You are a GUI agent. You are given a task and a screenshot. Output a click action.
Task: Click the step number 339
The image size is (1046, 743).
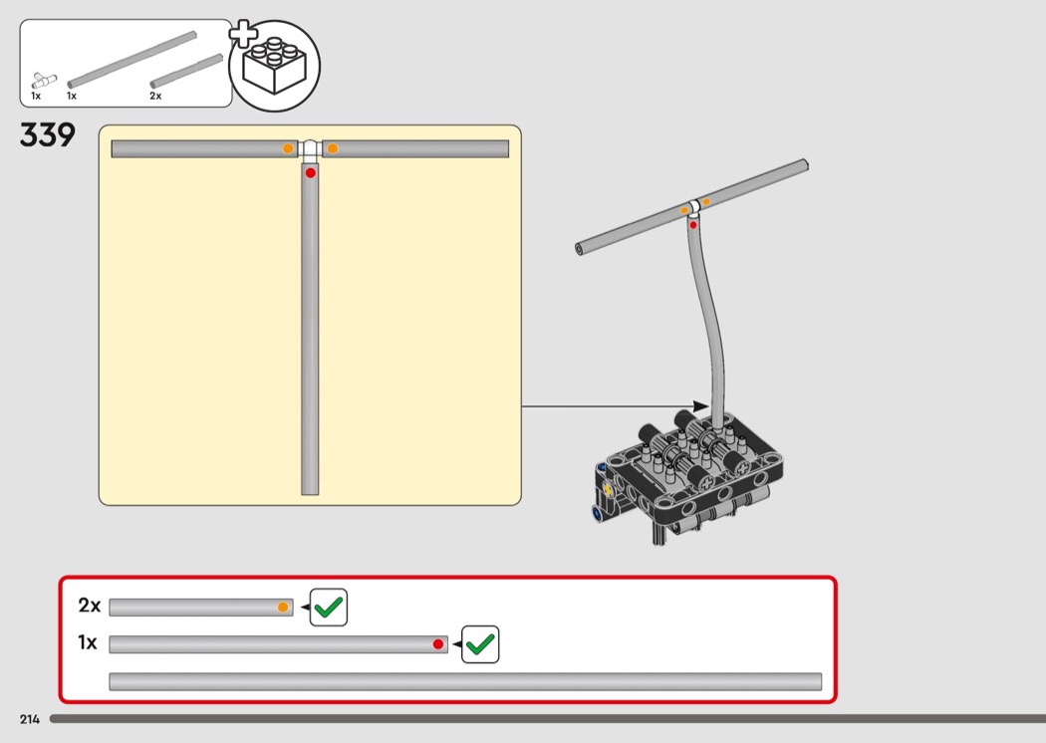pos(48,135)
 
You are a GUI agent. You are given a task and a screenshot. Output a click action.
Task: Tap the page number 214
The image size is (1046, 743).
pos(30,719)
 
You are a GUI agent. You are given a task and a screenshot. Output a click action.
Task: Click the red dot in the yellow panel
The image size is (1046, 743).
pos(310,172)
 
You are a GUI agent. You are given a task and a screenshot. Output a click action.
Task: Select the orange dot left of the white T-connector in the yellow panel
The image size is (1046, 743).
pos(288,148)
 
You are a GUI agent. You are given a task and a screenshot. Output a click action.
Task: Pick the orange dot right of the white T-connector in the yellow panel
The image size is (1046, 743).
pos(332,148)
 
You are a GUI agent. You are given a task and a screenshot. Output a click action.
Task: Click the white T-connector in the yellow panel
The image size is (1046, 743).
pos(310,150)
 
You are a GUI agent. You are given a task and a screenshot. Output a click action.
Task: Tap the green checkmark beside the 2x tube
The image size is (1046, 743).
pos(329,607)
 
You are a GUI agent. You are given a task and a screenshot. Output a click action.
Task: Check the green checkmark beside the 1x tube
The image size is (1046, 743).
pos(480,644)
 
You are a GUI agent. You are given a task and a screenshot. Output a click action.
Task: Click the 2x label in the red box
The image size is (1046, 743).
pos(90,605)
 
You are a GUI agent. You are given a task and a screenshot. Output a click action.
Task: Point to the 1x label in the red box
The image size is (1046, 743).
pos(88,642)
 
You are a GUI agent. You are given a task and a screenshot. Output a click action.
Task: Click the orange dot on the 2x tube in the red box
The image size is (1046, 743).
pos(283,607)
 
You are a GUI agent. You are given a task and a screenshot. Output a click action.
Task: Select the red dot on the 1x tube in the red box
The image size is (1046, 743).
pos(437,644)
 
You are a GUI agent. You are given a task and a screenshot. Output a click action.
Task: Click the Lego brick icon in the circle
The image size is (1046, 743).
pos(274,66)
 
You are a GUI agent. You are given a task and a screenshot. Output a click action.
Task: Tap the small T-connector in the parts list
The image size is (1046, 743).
pos(44,81)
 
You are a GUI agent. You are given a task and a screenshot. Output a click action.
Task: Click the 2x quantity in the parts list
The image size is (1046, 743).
pos(155,96)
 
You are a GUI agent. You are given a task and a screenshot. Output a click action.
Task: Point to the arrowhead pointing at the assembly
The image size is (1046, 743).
pos(700,406)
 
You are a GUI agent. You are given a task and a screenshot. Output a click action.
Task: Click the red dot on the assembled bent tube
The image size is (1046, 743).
pos(693,225)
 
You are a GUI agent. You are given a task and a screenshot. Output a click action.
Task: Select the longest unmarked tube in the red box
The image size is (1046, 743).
pos(465,681)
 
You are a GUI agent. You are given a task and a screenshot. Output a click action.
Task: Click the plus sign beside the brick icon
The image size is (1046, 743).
pos(243,35)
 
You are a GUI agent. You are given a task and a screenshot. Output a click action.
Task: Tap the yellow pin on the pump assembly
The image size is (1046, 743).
pos(608,488)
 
